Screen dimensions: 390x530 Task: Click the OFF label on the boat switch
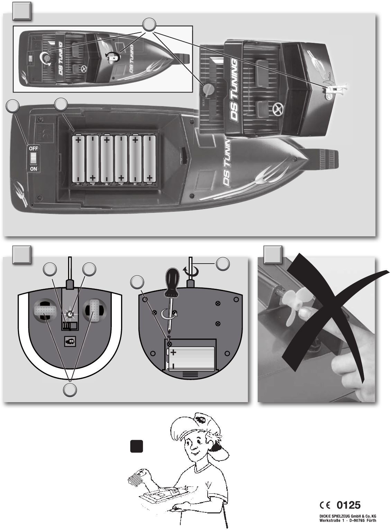click(34, 148)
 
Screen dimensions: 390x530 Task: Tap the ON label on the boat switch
click(34, 169)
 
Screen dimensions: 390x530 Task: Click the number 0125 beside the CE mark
click(348, 505)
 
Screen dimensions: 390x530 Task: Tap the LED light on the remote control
click(70, 314)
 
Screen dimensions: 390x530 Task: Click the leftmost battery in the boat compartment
click(79, 159)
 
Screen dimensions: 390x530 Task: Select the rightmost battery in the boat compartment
click(149, 159)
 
